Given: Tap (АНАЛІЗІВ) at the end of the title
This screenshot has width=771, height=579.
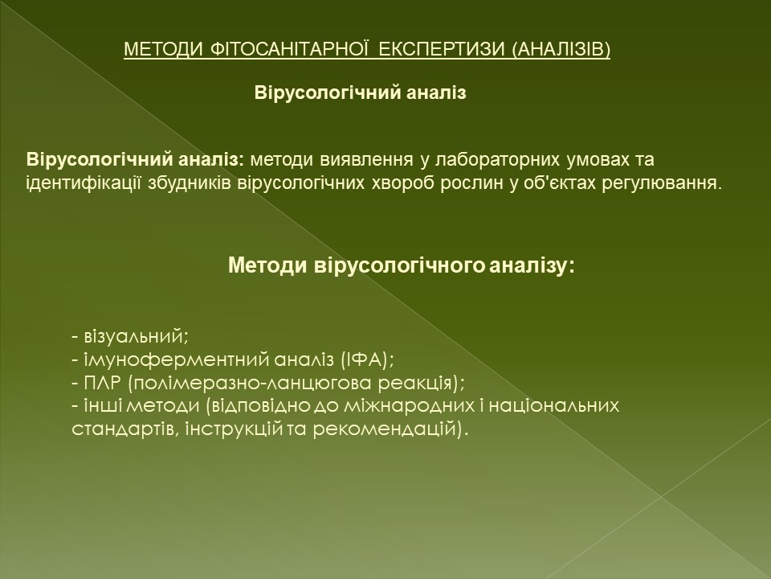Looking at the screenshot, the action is [561, 49].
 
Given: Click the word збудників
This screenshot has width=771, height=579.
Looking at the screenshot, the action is [190, 183].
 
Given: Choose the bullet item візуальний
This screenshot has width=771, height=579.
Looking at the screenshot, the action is [137, 337].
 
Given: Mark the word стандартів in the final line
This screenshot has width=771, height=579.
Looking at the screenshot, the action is [126, 429].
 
